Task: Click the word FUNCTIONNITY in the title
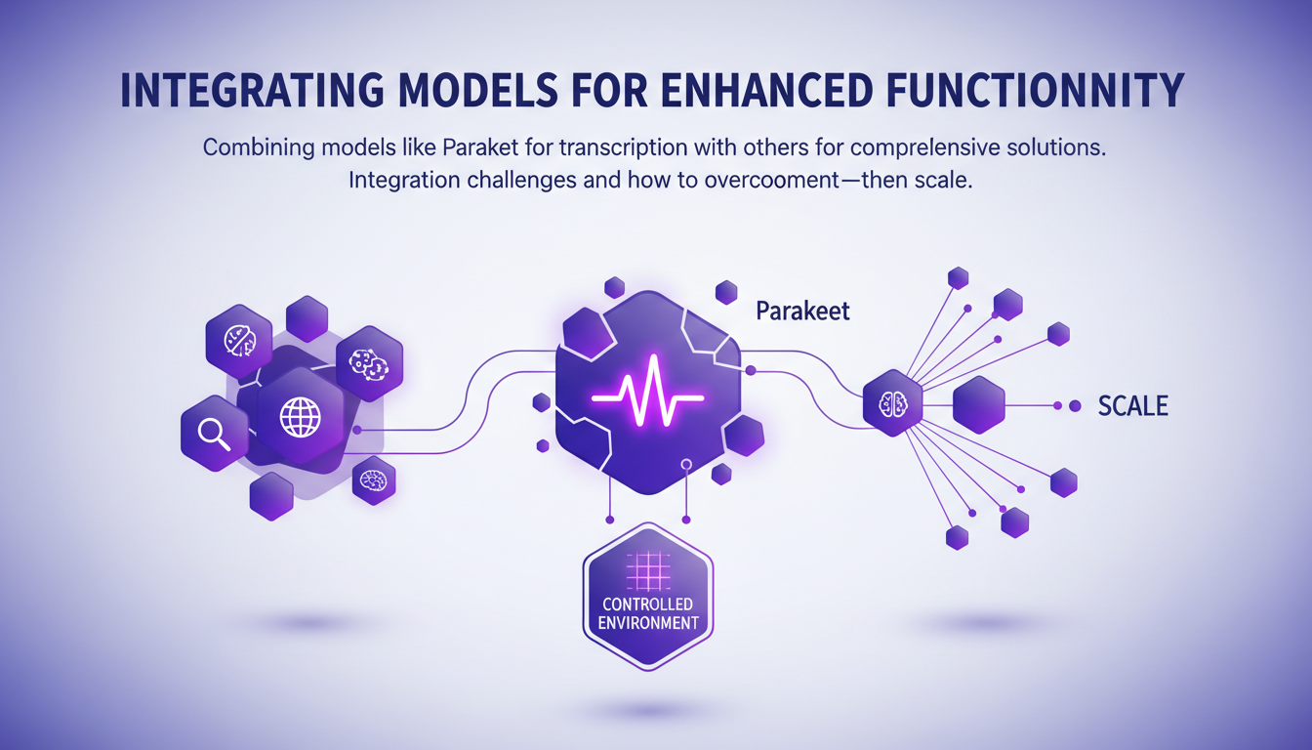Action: point(1035,90)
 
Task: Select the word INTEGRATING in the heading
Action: point(252,90)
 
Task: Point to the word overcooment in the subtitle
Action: point(772,180)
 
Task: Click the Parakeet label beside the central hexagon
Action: point(802,311)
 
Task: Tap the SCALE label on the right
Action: point(1132,405)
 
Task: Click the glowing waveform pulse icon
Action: point(647,391)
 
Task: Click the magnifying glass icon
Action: point(214,435)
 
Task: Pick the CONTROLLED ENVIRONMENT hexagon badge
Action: point(648,597)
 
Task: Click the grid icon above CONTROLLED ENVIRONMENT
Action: point(648,570)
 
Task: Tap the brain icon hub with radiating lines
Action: point(892,403)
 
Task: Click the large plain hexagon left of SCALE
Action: point(979,405)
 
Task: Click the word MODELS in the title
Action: point(478,90)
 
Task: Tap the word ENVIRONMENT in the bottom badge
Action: point(648,623)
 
